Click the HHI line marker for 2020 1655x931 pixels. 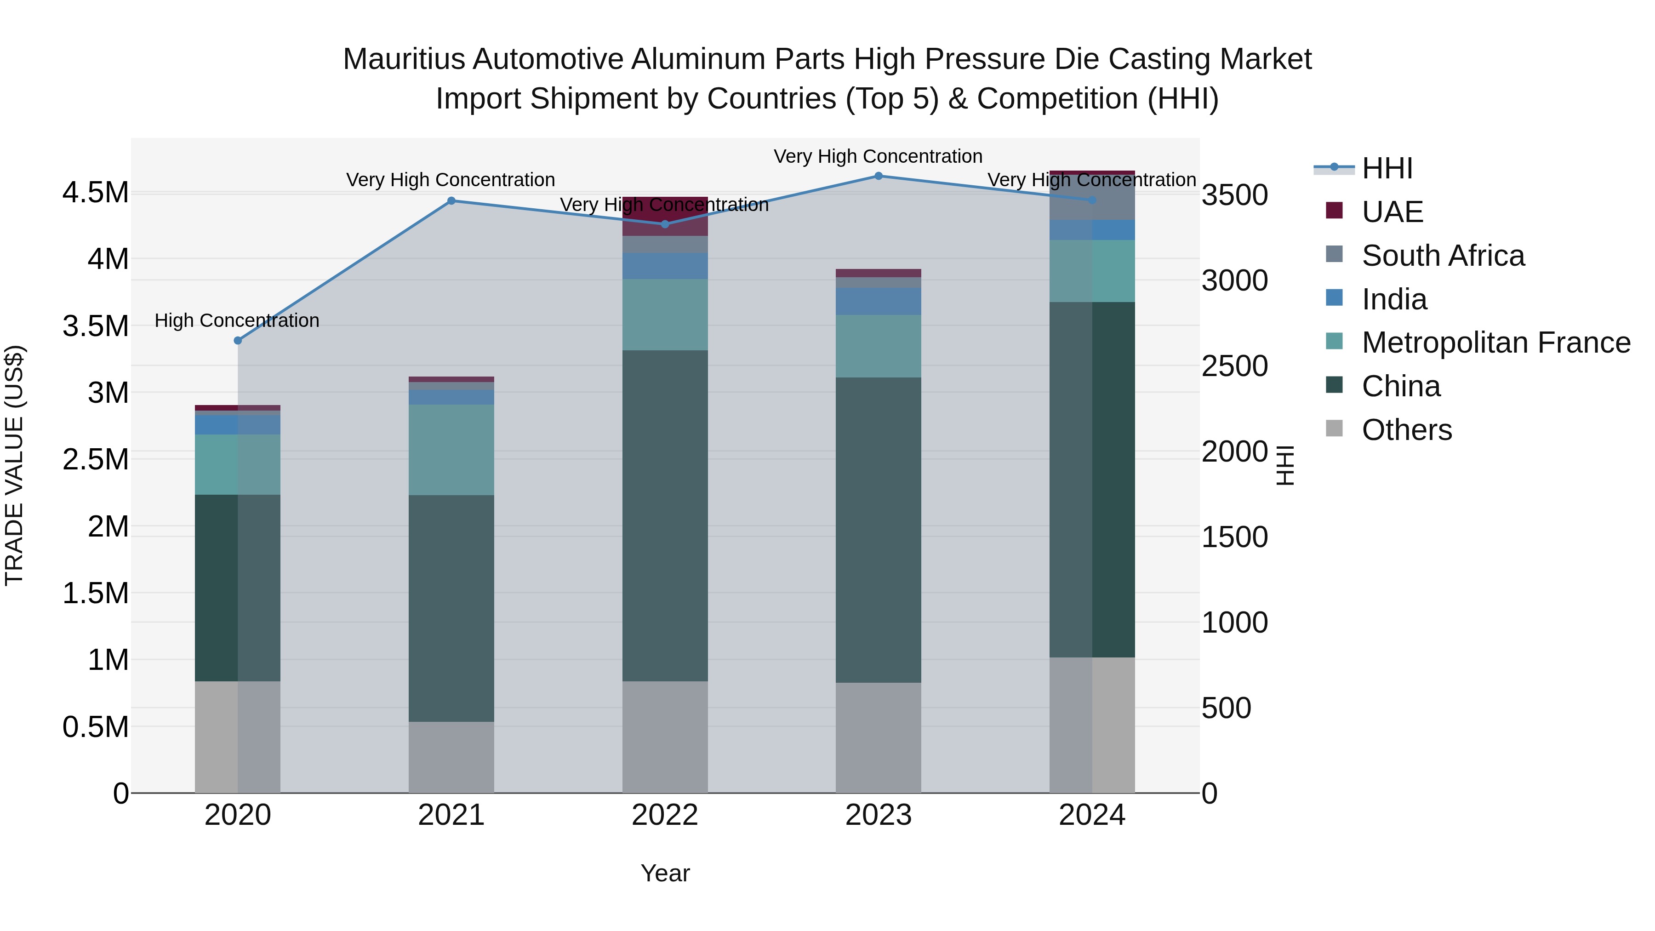(238, 341)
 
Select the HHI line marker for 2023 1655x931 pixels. (878, 176)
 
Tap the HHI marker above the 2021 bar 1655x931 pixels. (451, 201)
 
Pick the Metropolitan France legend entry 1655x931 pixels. (1495, 343)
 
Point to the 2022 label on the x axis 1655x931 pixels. (664, 815)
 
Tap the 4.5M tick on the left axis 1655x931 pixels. (96, 193)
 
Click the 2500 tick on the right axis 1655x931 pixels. (1234, 366)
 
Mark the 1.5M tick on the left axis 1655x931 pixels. (96, 593)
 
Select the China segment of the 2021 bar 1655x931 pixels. (451, 608)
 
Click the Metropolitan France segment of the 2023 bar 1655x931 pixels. (878, 346)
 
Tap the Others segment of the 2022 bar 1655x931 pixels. (664, 737)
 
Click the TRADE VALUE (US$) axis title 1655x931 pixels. (14, 465)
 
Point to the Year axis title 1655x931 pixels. (664, 873)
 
